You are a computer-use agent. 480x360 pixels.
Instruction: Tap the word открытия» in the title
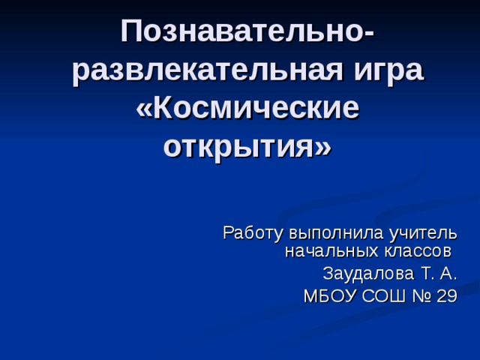247,145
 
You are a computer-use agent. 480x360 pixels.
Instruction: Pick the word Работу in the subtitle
249,232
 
